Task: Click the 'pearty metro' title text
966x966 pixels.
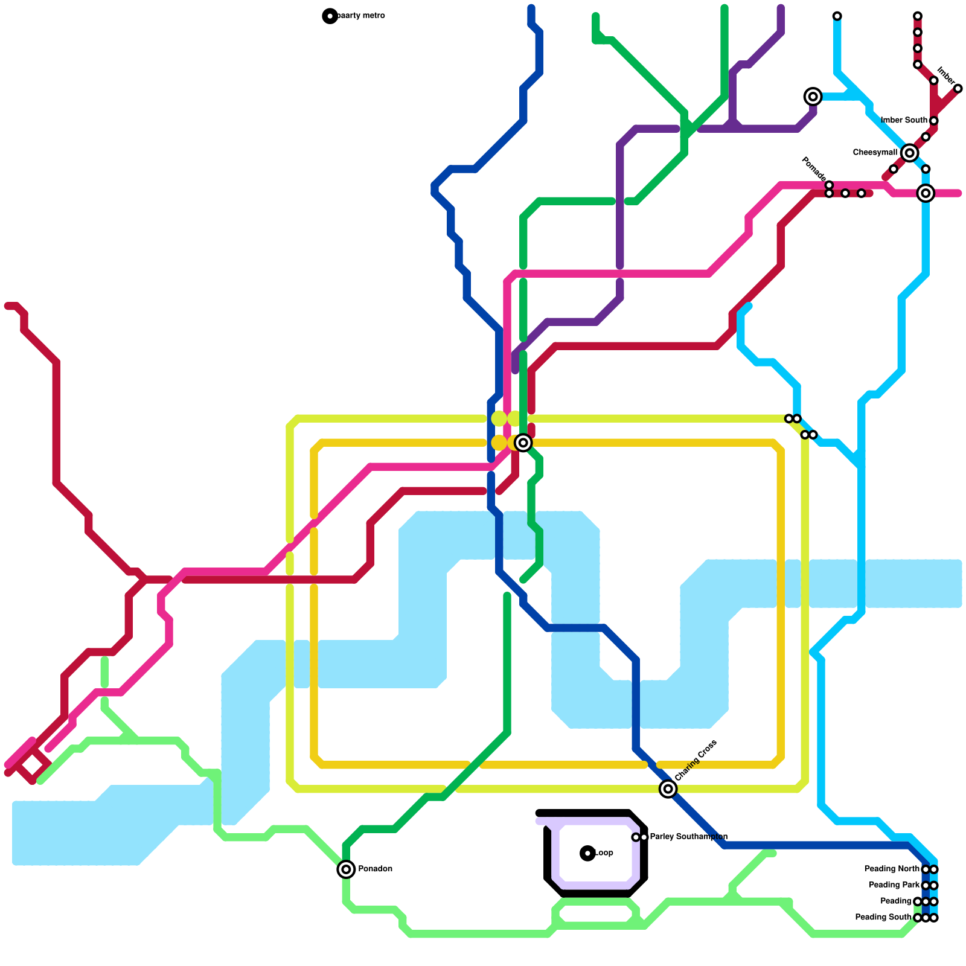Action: (360, 16)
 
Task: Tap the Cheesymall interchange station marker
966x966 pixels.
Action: (909, 153)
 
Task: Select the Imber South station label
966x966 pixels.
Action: (904, 121)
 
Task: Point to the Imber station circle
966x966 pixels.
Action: (958, 89)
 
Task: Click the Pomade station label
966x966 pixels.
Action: (813, 168)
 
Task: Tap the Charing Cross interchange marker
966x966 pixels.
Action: (668, 788)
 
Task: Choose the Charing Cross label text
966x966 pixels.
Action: (696, 760)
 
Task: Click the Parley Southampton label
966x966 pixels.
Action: (688, 837)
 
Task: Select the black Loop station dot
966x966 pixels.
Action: (587, 853)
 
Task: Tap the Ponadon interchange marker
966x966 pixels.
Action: (346, 869)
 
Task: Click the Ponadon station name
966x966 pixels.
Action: (375, 869)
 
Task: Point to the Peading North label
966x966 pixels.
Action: (892, 869)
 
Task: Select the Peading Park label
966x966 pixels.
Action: (894, 885)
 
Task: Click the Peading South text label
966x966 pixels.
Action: (883, 918)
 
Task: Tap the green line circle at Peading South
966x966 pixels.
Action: (917, 918)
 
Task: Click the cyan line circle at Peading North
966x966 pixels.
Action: (934, 869)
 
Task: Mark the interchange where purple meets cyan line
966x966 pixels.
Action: (813, 97)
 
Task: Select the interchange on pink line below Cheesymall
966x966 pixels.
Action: (926, 193)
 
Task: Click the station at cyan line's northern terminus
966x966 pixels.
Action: (837, 16)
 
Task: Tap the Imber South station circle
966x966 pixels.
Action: (933, 121)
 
